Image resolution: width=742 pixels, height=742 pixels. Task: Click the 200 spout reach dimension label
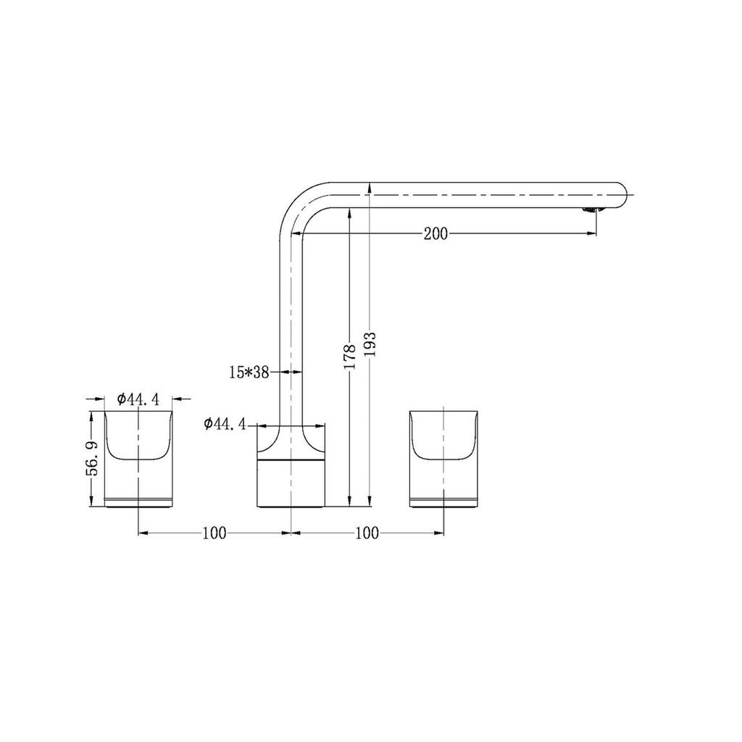[435, 234]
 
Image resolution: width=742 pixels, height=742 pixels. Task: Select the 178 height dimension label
[349, 357]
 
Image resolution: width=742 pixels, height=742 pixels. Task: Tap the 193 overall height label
[370, 344]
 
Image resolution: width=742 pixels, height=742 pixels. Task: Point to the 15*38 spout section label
[249, 372]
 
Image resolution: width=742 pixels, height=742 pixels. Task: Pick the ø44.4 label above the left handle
[138, 399]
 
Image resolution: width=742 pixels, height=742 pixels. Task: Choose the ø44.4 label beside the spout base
[225, 424]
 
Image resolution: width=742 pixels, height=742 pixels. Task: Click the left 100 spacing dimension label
[214, 533]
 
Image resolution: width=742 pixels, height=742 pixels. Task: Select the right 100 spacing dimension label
[367, 533]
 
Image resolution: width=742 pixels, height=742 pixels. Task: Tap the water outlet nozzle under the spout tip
[592, 209]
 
